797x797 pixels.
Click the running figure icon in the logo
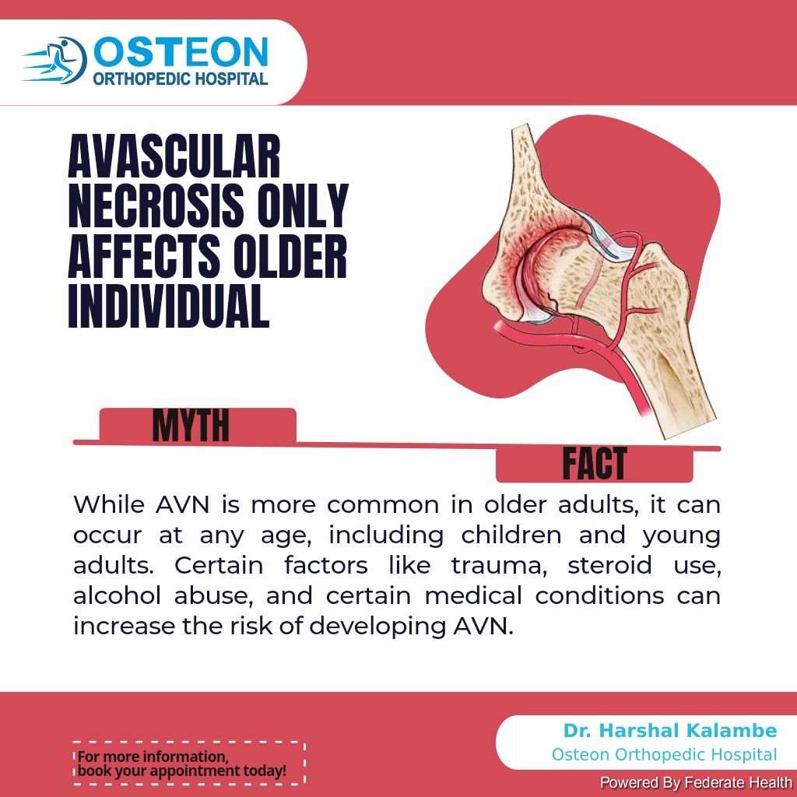coord(56,60)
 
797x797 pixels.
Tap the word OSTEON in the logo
coord(181,52)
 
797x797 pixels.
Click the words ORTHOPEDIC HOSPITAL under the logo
coord(180,79)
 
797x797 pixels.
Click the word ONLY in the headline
coord(303,205)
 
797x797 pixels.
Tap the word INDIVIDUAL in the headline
coord(168,305)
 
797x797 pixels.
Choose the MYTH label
coord(191,426)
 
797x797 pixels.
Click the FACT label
coord(594,463)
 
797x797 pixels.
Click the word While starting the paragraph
coord(109,504)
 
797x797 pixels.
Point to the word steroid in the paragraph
coord(609,565)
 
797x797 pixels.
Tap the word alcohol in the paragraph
coord(117,595)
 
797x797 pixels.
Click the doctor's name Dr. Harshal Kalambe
coord(670,730)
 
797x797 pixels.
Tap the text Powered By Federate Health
coord(696,783)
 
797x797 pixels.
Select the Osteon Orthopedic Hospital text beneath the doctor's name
coord(665,755)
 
